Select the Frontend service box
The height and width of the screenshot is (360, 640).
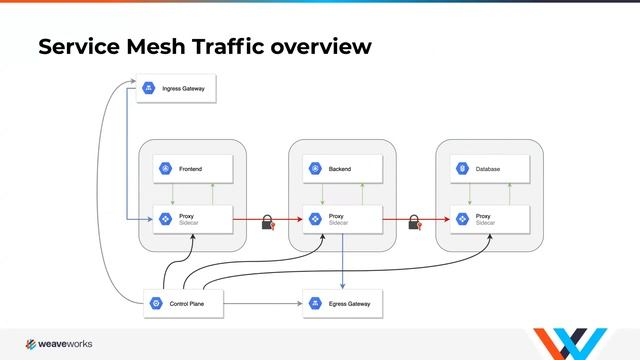[193, 169]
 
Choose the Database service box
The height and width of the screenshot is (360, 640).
[490, 169]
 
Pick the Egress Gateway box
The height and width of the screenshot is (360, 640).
[343, 302]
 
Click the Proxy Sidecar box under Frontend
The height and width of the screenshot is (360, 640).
[193, 218]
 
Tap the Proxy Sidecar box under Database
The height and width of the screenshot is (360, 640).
[490, 218]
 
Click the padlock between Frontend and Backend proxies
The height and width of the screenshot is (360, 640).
[268, 222]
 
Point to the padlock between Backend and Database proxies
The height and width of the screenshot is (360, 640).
[416, 222]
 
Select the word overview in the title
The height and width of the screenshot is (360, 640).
[322, 46]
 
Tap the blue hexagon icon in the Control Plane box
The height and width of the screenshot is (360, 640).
[156, 302]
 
